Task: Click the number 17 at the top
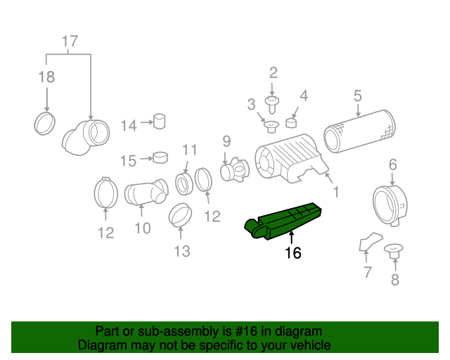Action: tap(69, 41)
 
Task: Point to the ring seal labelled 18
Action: tap(46, 124)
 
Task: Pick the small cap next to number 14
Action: tap(160, 122)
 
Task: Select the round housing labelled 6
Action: tap(389, 203)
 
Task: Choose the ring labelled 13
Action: tap(181, 214)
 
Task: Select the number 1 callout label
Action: tap(335, 191)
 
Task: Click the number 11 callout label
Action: tap(189, 149)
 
